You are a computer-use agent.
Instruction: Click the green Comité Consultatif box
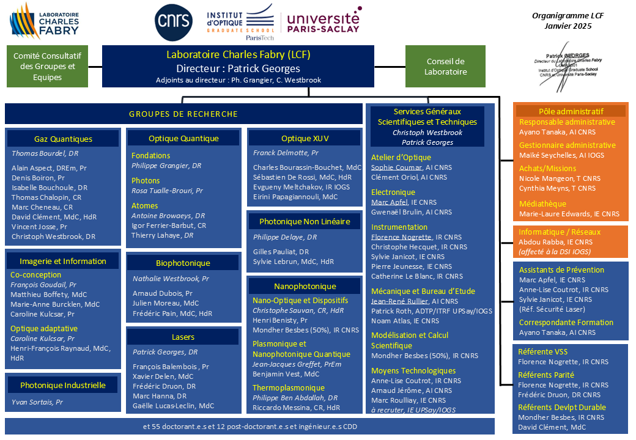(48, 66)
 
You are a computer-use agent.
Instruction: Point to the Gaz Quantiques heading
(64, 139)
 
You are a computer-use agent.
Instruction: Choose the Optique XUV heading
(305, 139)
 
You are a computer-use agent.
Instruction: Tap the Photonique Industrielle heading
(63, 386)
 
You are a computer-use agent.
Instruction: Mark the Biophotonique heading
(182, 263)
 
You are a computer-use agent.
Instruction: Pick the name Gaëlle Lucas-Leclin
(173, 406)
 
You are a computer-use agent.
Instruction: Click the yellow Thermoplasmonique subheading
(289, 387)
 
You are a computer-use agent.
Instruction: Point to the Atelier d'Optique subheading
(401, 157)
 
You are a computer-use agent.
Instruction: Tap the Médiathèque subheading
(542, 204)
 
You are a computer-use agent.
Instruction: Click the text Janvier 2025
(568, 26)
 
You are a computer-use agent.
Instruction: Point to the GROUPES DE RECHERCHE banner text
(183, 114)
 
